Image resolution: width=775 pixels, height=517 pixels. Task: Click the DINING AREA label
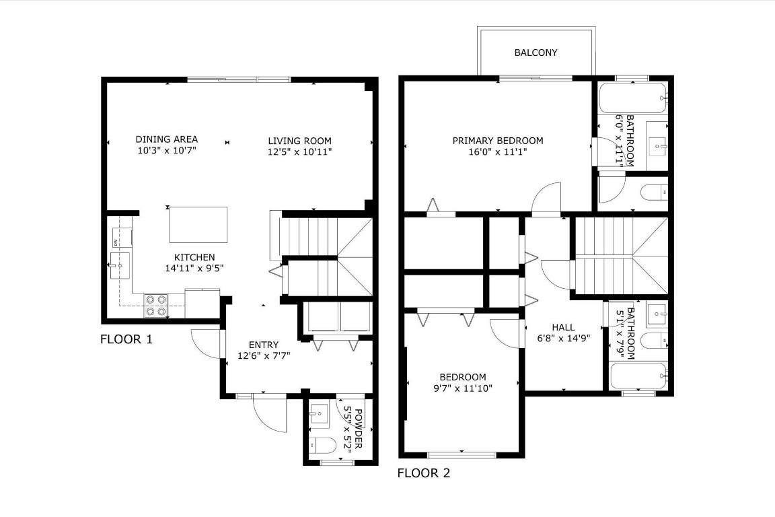click(x=167, y=139)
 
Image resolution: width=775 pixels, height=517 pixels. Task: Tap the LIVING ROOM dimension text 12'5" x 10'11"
click(x=299, y=151)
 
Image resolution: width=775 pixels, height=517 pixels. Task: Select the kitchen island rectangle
click(x=198, y=225)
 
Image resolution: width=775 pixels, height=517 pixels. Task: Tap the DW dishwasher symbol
click(x=116, y=242)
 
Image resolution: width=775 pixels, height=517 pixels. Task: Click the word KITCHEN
click(x=194, y=257)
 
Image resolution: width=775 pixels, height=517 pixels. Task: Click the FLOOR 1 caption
click(x=126, y=339)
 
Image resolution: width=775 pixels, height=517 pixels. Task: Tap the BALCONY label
click(x=536, y=53)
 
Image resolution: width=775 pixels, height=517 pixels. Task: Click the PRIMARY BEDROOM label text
click(x=497, y=141)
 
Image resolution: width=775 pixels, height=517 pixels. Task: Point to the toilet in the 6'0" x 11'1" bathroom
click(x=653, y=193)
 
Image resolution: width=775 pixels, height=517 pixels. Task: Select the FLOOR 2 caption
click(x=423, y=473)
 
